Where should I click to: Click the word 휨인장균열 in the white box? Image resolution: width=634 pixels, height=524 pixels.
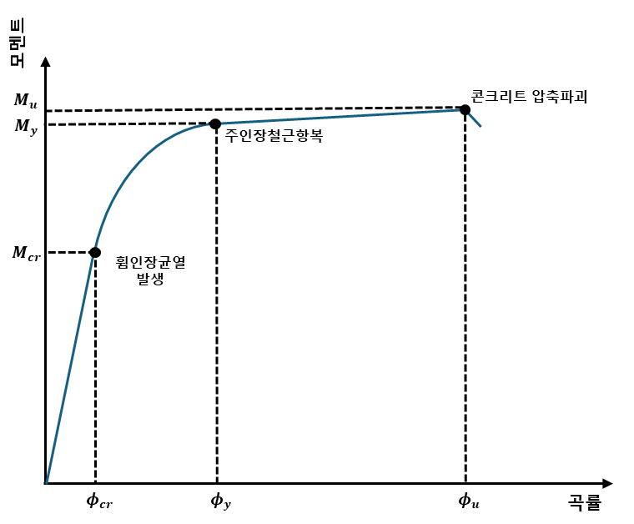coord(150,262)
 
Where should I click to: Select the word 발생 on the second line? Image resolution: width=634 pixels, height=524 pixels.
coord(150,280)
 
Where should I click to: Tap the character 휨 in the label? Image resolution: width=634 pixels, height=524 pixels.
coord(123,262)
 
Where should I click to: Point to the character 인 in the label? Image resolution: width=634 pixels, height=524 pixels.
coord(137,262)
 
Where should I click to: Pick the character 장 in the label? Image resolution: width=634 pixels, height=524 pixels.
coord(150,262)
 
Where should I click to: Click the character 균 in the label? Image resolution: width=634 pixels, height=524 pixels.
coord(164,262)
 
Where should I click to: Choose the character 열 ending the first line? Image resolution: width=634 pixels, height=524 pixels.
coord(177,262)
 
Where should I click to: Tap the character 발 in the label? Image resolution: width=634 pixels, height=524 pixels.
coord(143,280)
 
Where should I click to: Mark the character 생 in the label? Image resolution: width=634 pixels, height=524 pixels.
coord(157,280)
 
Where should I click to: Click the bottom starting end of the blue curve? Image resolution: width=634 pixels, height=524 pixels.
coord(47,482)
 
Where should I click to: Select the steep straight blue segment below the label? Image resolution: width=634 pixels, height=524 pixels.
coord(69,371)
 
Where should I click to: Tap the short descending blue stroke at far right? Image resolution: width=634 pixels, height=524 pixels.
coord(475,119)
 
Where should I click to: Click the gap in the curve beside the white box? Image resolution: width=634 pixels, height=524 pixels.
coord(93,253)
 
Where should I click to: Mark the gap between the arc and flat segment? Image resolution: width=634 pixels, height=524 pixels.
coord(214,124)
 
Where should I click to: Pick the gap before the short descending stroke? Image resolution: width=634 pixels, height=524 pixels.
coord(465,110)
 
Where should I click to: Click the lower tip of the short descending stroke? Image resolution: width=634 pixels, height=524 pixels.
coord(481,127)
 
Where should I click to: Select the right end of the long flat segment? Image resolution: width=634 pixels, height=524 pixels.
coord(459,109)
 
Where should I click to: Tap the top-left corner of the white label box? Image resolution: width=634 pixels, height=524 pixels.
coord(101,249)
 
